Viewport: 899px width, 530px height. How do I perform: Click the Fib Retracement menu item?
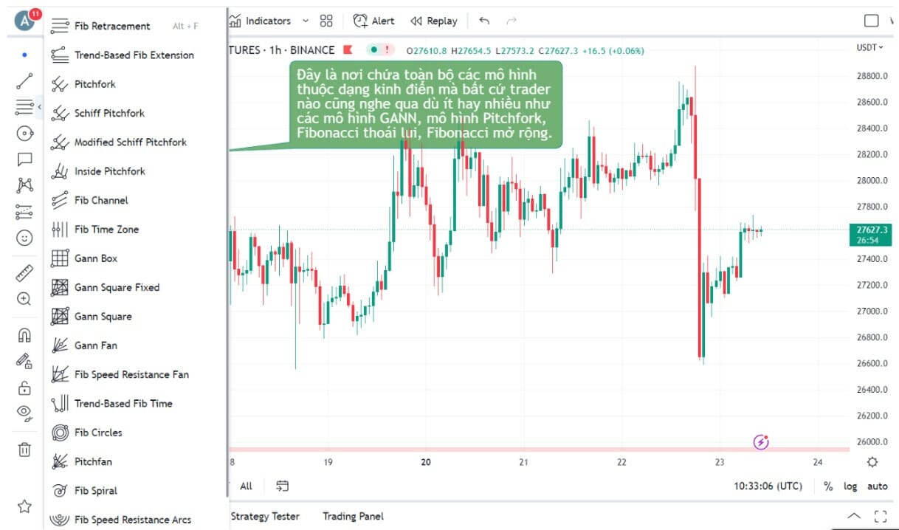coord(111,27)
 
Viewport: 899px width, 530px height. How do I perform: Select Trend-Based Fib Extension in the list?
coord(134,55)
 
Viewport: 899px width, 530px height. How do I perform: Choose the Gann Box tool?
coord(95,258)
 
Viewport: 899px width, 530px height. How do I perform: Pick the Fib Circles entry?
coord(97,433)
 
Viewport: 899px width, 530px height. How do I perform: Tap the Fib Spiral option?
coord(95,491)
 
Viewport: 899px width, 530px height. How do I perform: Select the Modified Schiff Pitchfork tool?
coord(130,142)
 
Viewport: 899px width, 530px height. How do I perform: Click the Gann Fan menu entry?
coord(95,345)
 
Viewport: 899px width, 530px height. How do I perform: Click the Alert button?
coord(374,21)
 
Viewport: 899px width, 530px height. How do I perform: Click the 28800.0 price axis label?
coord(871,76)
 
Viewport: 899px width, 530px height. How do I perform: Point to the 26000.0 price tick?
coord(871,442)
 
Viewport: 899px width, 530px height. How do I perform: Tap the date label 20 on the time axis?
coord(426,463)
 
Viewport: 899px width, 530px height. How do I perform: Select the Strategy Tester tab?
coord(264,516)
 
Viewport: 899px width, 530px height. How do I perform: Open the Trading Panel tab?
coord(353,516)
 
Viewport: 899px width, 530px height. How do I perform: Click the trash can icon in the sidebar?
coord(24,449)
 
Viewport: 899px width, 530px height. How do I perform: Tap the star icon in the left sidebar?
coord(24,506)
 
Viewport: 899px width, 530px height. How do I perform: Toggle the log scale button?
coord(850,486)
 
